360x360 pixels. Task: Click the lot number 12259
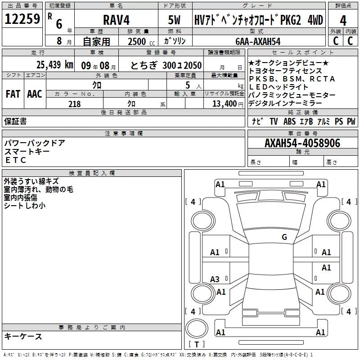(22, 19)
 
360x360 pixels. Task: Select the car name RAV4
(116, 20)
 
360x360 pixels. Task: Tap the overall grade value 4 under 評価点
(343, 21)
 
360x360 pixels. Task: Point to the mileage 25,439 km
(54, 65)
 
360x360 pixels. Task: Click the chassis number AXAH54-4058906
(302, 143)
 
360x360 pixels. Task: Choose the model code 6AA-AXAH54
(258, 41)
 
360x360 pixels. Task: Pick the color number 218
(74, 104)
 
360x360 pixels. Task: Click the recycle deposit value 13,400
(224, 104)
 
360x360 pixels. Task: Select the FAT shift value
(13, 94)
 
